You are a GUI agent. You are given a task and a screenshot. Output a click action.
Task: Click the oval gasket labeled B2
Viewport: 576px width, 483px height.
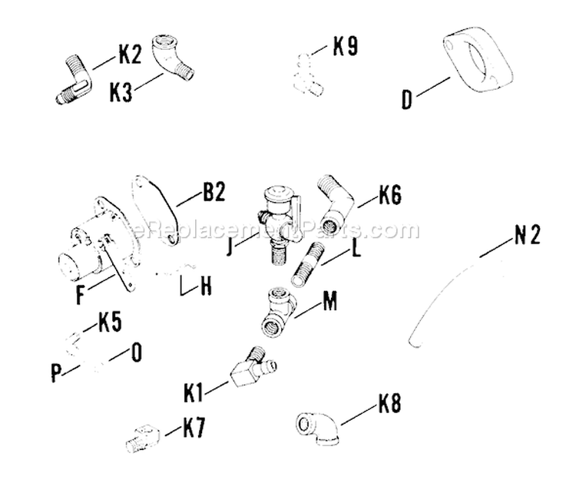156,207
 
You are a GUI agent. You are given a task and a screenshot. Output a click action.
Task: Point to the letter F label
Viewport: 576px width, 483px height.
80,294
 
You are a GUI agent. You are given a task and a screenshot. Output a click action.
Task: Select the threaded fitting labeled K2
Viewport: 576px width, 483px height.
72,79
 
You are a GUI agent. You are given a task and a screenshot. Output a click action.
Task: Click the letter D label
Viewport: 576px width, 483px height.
407,100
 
